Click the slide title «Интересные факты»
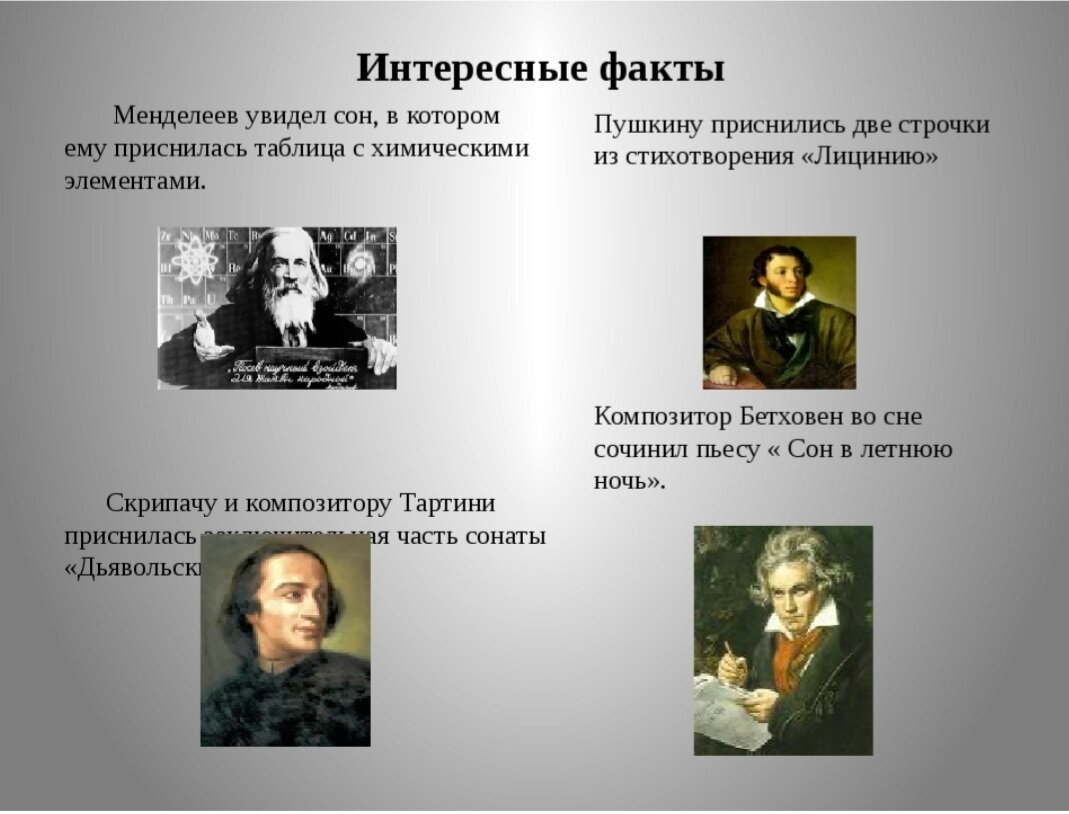click(540, 69)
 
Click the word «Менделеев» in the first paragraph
click(175, 116)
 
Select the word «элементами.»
click(135, 182)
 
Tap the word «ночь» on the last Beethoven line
click(621, 481)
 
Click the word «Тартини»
click(447, 503)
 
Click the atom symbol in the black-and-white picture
click(193, 259)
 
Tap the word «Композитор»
click(664, 416)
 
